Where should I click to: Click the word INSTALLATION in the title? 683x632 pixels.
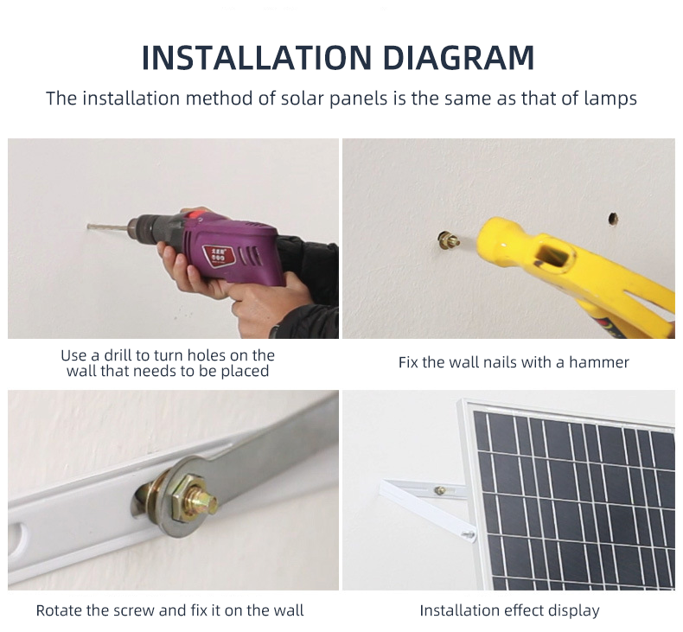coord(257,58)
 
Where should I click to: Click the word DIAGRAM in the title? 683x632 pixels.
coord(459,58)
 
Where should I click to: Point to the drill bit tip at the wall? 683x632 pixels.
coord(89,226)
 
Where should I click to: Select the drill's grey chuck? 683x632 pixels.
coord(142,226)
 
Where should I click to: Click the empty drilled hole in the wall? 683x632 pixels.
coord(613,219)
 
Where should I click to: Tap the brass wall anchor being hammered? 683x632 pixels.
coord(449,240)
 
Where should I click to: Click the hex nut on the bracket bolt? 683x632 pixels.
coord(189,500)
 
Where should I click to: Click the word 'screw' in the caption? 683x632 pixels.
coord(134,611)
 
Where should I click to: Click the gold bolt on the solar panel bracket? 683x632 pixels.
coord(440,490)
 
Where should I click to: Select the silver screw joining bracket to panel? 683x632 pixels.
coord(469,533)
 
